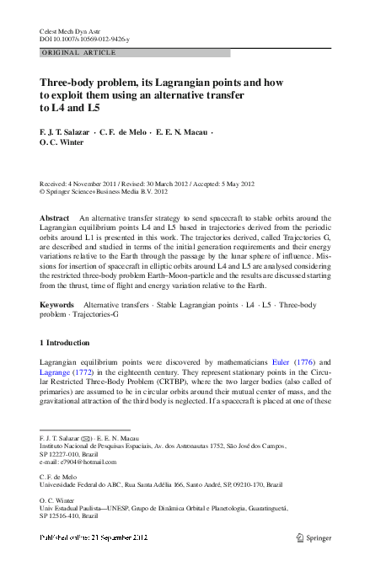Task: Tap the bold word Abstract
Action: (x=55, y=218)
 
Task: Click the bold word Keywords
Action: (x=58, y=303)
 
